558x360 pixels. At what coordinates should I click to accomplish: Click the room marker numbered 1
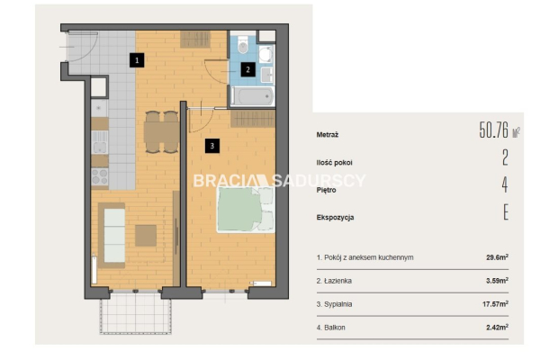click(x=137, y=60)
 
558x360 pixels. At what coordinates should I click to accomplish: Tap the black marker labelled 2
click(x=247, y=69)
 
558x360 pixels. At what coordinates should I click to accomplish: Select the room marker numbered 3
click(x=212, y=146)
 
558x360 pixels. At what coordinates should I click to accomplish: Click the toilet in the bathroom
click(x=243, y=44)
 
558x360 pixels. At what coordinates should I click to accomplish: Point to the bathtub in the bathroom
click(x=253, y=96)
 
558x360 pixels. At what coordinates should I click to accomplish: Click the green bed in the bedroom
click(x=246, y=210)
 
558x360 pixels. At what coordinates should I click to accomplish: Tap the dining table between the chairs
click(x=161, y=132)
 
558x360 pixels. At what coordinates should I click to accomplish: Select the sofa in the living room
click(x=112, y=236)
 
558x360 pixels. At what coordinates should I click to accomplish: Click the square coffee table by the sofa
click(x=146, y=236)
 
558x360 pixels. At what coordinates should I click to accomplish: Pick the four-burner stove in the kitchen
click(x=100, y=176)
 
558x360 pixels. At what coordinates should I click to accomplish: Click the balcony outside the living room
click(x=136, y=313)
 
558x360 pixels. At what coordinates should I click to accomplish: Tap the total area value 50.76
click(x=494, y=130)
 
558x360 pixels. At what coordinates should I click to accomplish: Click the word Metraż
click(x=328, y=135)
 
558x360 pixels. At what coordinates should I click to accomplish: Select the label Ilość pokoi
click(x=335, y=163)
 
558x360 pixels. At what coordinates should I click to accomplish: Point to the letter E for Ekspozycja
click(x=506, y=212)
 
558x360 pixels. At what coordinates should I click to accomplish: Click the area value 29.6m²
click(x=497, y=257)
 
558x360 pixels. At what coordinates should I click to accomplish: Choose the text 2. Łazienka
click(x=334, y=281)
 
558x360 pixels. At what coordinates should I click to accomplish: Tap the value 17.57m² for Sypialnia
click(x=495, y=304)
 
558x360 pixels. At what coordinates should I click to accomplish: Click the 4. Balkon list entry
click(x=331, y=328)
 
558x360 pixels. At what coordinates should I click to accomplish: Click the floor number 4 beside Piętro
click(x=505, y=184)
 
